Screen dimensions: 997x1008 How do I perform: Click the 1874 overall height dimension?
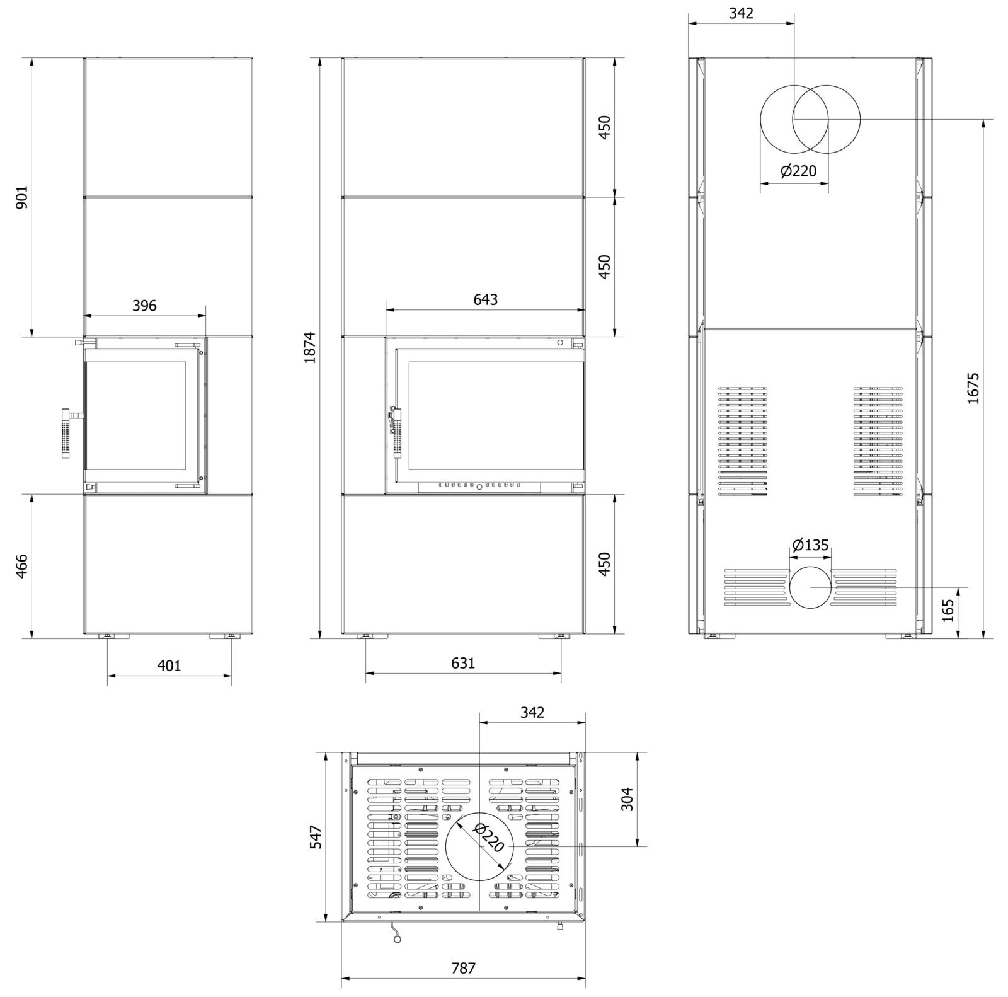click(309, 347)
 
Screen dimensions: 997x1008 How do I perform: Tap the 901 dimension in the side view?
click(21, 197)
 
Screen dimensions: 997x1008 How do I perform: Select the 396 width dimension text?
click(144, 306)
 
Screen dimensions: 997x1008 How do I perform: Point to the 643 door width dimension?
click(485, 299)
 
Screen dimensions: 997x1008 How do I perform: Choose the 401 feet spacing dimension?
click(169, 665)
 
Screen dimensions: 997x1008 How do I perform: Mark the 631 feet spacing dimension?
click(463, 662)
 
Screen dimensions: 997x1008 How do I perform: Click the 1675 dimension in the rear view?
click(973, 388)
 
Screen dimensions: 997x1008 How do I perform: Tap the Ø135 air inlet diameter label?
click(810, 545)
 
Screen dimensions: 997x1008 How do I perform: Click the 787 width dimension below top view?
click(463, 967)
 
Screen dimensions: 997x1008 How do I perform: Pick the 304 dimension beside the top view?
click(627, 798)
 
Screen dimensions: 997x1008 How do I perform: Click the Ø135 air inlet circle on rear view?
click(810, 587)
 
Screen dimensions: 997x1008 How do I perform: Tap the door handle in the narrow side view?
click(66, 432)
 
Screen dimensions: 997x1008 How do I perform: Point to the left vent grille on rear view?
click(743, 441)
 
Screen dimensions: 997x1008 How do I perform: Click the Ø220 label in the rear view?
click(798, 171)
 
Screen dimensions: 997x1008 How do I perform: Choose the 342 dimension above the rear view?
click(741, 13)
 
